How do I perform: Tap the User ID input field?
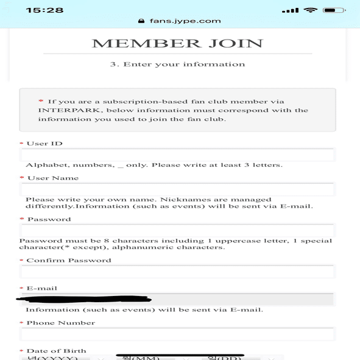point(177,155)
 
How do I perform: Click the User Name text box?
point(177,189)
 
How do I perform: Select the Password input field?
point(177,230)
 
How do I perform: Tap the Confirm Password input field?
point(177,272)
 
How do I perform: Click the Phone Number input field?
point(177,334)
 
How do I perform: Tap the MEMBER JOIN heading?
point(177,43)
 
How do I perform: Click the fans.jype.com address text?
point(185,21)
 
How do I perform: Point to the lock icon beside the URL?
point(142,21)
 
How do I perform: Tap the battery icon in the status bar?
point(334,10)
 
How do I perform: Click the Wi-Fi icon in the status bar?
point(311,10)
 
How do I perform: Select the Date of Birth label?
point(56,351)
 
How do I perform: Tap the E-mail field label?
point(42,288)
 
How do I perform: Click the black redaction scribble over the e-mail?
point(85,298)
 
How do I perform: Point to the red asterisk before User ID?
point(22,144)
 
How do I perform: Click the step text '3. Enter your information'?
point(177,64)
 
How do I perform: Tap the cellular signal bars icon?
point(291,10)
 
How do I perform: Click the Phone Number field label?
point(60,323)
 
